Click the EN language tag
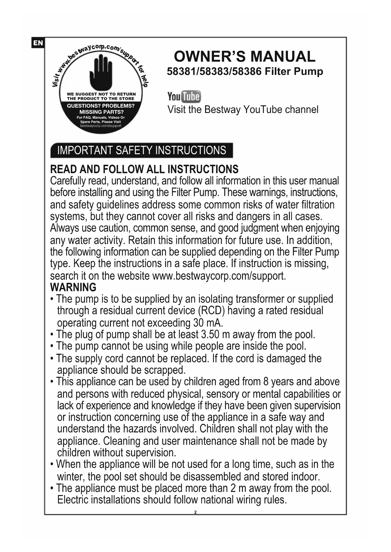(38, 43)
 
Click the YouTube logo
(184, 97)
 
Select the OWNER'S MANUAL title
(244, 57)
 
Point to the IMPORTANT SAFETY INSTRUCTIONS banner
(141, 150)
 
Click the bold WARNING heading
(73, 287)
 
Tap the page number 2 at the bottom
(195, 512)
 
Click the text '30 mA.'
(207, 323)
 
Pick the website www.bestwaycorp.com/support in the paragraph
(219, 276)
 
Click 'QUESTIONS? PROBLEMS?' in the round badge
(101, 106)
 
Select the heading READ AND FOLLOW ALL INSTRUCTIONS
(144, 169)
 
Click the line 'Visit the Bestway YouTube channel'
(243, 110)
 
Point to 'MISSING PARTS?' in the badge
(101, 112)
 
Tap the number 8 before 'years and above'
(266, 382)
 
